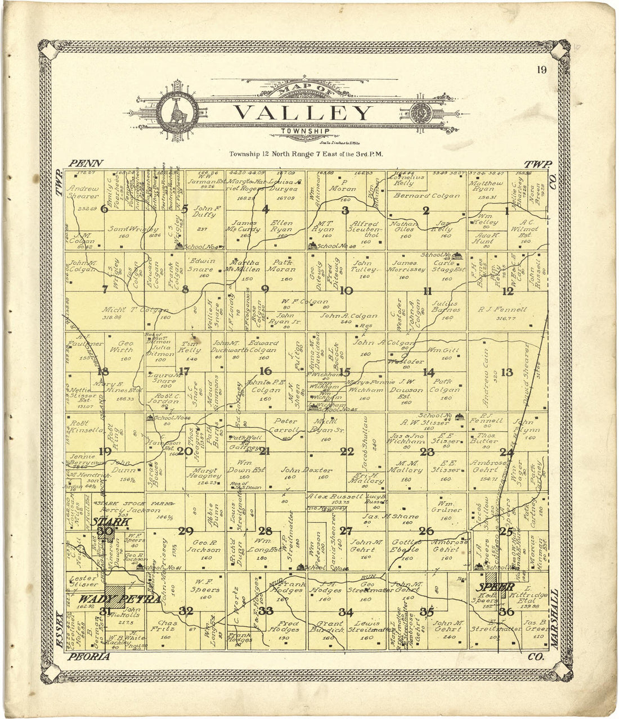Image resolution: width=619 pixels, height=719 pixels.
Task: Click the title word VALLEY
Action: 303,113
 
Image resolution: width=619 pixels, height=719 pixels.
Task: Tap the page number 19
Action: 541,70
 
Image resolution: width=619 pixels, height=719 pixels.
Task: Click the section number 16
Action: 266,371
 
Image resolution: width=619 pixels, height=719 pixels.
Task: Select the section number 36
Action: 506,611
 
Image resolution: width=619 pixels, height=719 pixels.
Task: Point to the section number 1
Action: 506,211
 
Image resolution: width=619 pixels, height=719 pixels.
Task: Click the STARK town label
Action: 111,522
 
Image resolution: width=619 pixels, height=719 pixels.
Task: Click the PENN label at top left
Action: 86,163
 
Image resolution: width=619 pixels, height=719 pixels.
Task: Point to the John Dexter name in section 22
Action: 304,469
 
